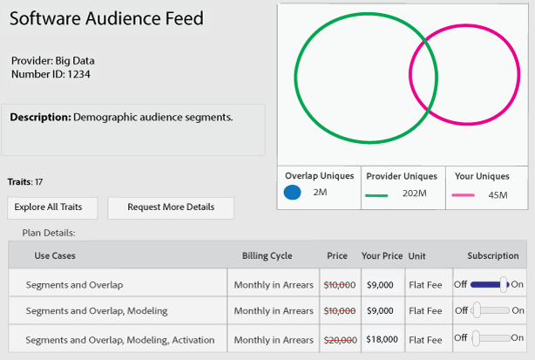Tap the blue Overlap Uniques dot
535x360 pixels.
pyautogui.click(x=293, y=192)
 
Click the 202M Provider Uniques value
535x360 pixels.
pyautogui.click(x=415, y=193)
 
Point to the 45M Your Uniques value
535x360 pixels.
pyautogui.click(x=498, y=195)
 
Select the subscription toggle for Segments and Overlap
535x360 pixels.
pyautogui.click(x=487, y=284)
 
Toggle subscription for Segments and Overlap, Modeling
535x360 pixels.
pyautogui.click(x=487, y=310)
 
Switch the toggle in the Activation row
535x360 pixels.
pyautogui.click(x=487, y=337)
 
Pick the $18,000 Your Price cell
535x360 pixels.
pyautogui.click(x=381, y=338)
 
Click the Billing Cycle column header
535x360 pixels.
pyautogui.click(x=267, y=256)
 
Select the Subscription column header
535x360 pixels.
pyautogui.click(x=493, y=256)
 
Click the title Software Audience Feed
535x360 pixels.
pyautogui.click(x=106, y=18)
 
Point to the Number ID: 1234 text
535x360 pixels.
pyautogui.click(x=51, y=74)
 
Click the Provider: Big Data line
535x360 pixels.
pyautogui.click(x=52, y=61)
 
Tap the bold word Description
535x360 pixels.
pyautogui.click(x=40, y=117)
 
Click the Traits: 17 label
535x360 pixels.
pyautogui.click(x=24, y=182)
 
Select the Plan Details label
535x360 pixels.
pyautogui.click(x=48, y=233)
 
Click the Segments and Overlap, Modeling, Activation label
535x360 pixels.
pyautogui.click(x=109, y=338)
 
